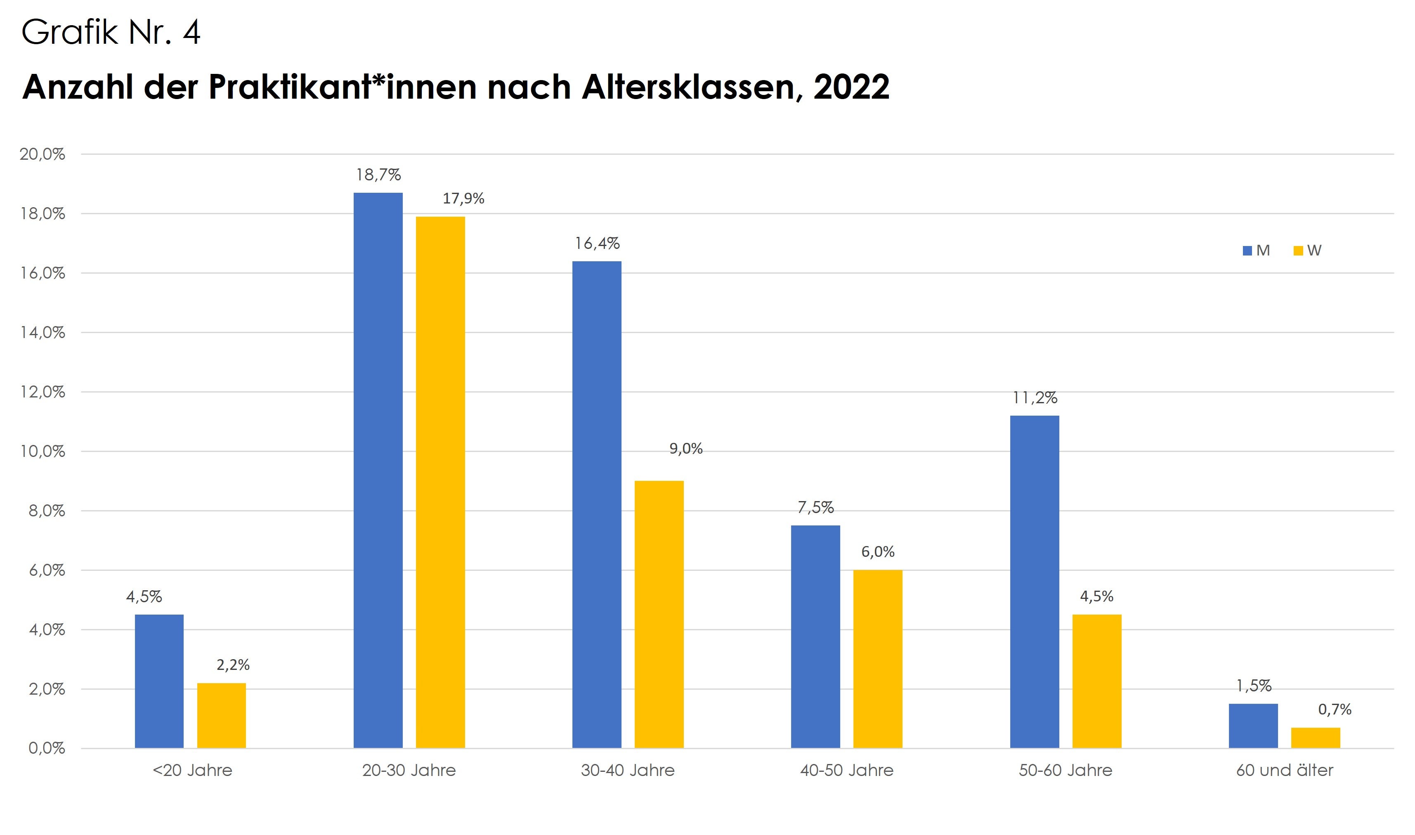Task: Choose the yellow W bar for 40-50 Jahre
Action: tap(877, 658)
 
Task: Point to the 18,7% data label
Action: tap(378, 175)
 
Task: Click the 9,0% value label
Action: tap(685, 448)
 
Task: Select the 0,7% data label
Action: tap(1334, 709)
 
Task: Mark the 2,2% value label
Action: tap(233, 665)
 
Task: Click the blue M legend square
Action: tap(1247, 251)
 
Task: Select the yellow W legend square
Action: tap(1298, 251)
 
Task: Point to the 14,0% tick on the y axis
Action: tap(43, 333)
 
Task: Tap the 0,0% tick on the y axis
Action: tap(47, 748)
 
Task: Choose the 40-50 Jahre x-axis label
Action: tap(846, 770)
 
